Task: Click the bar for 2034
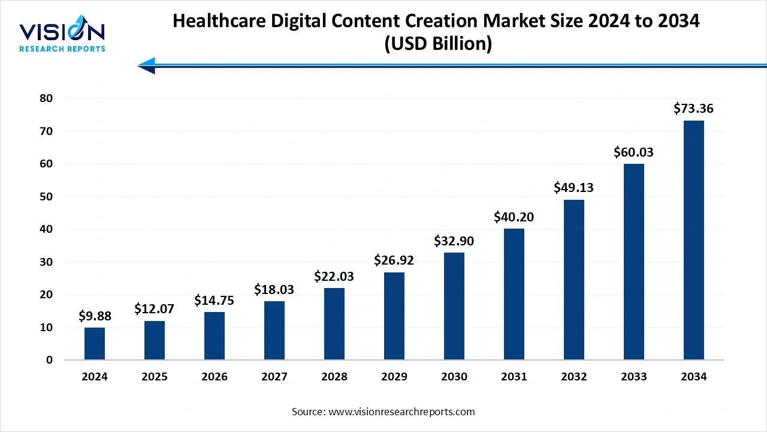click(693, 240)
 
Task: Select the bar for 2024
click(95, 343)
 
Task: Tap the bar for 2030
click(454, 306)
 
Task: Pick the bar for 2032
click(574, 280)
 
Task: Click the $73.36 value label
click(693, 109)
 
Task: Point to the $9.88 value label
click(95, 316)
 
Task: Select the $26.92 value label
click(394, 260)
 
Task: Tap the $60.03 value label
click(633, 152)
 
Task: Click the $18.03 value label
click(274, 290)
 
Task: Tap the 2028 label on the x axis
click(334, 377)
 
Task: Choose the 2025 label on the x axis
click(155, 377)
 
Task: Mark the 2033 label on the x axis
click(633, 377)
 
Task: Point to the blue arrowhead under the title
click(147, 65)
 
